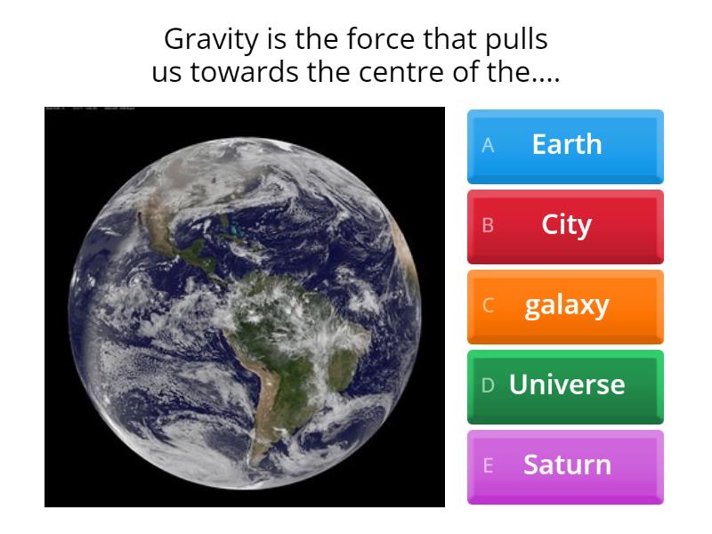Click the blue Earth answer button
point(565,145)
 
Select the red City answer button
point(565,225)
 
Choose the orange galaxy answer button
point(565,305)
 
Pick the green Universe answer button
point(565,385)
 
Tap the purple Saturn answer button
point(565,465)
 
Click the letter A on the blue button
point(488,145)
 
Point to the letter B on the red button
point(488,225)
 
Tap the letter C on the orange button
point(488,305)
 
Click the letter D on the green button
point(488,385)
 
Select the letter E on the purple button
point(488,465)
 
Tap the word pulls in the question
point(516,41)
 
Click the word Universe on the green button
point(567,385)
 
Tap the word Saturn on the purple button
point(567,465)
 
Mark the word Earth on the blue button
point(567,145)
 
